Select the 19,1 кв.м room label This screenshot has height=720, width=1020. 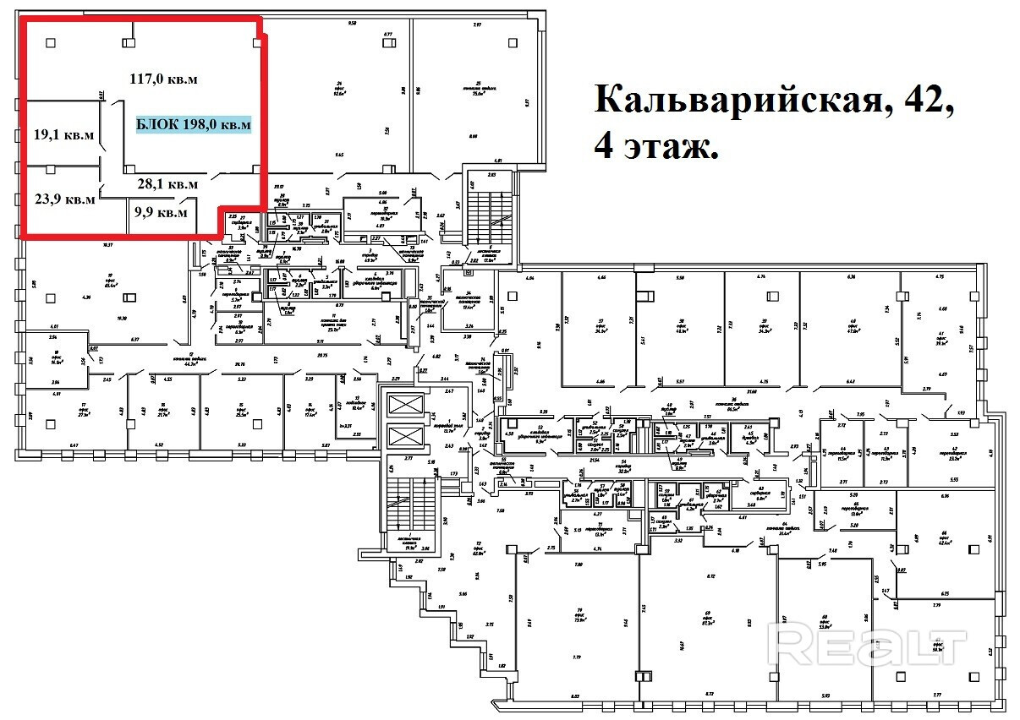(63, 134)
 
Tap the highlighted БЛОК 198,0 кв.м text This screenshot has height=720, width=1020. (194, 124)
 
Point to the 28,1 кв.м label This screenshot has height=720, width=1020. (167, 183)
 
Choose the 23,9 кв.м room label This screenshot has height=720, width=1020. (64, 200)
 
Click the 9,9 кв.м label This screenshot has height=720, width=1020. (161, 211)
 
